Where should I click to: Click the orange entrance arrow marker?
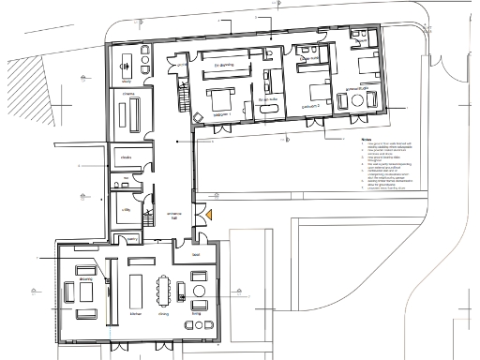coord(211,216)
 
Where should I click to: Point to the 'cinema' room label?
coord(127,95)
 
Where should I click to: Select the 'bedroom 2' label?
coord(311,108)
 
